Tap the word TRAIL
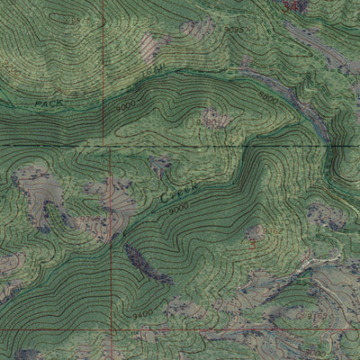[x=156, y=67]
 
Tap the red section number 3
[x=255, y=243]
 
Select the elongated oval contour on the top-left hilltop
[x=67, y=16]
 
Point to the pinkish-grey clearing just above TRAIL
[x=198, y=29]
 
